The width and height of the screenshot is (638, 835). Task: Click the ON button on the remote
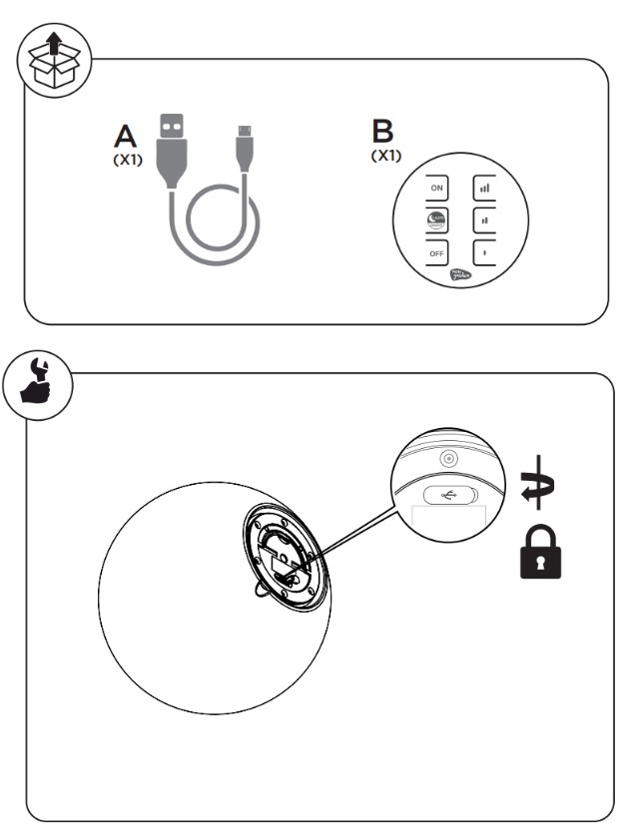(436, 187)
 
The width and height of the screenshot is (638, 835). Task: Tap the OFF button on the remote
(436, 252)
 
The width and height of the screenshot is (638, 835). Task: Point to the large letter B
(382, 132)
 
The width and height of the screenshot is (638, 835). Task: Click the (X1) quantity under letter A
(127, 158)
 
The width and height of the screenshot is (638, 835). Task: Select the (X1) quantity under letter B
(383, 157)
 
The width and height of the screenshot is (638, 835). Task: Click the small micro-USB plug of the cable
(245, 142)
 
